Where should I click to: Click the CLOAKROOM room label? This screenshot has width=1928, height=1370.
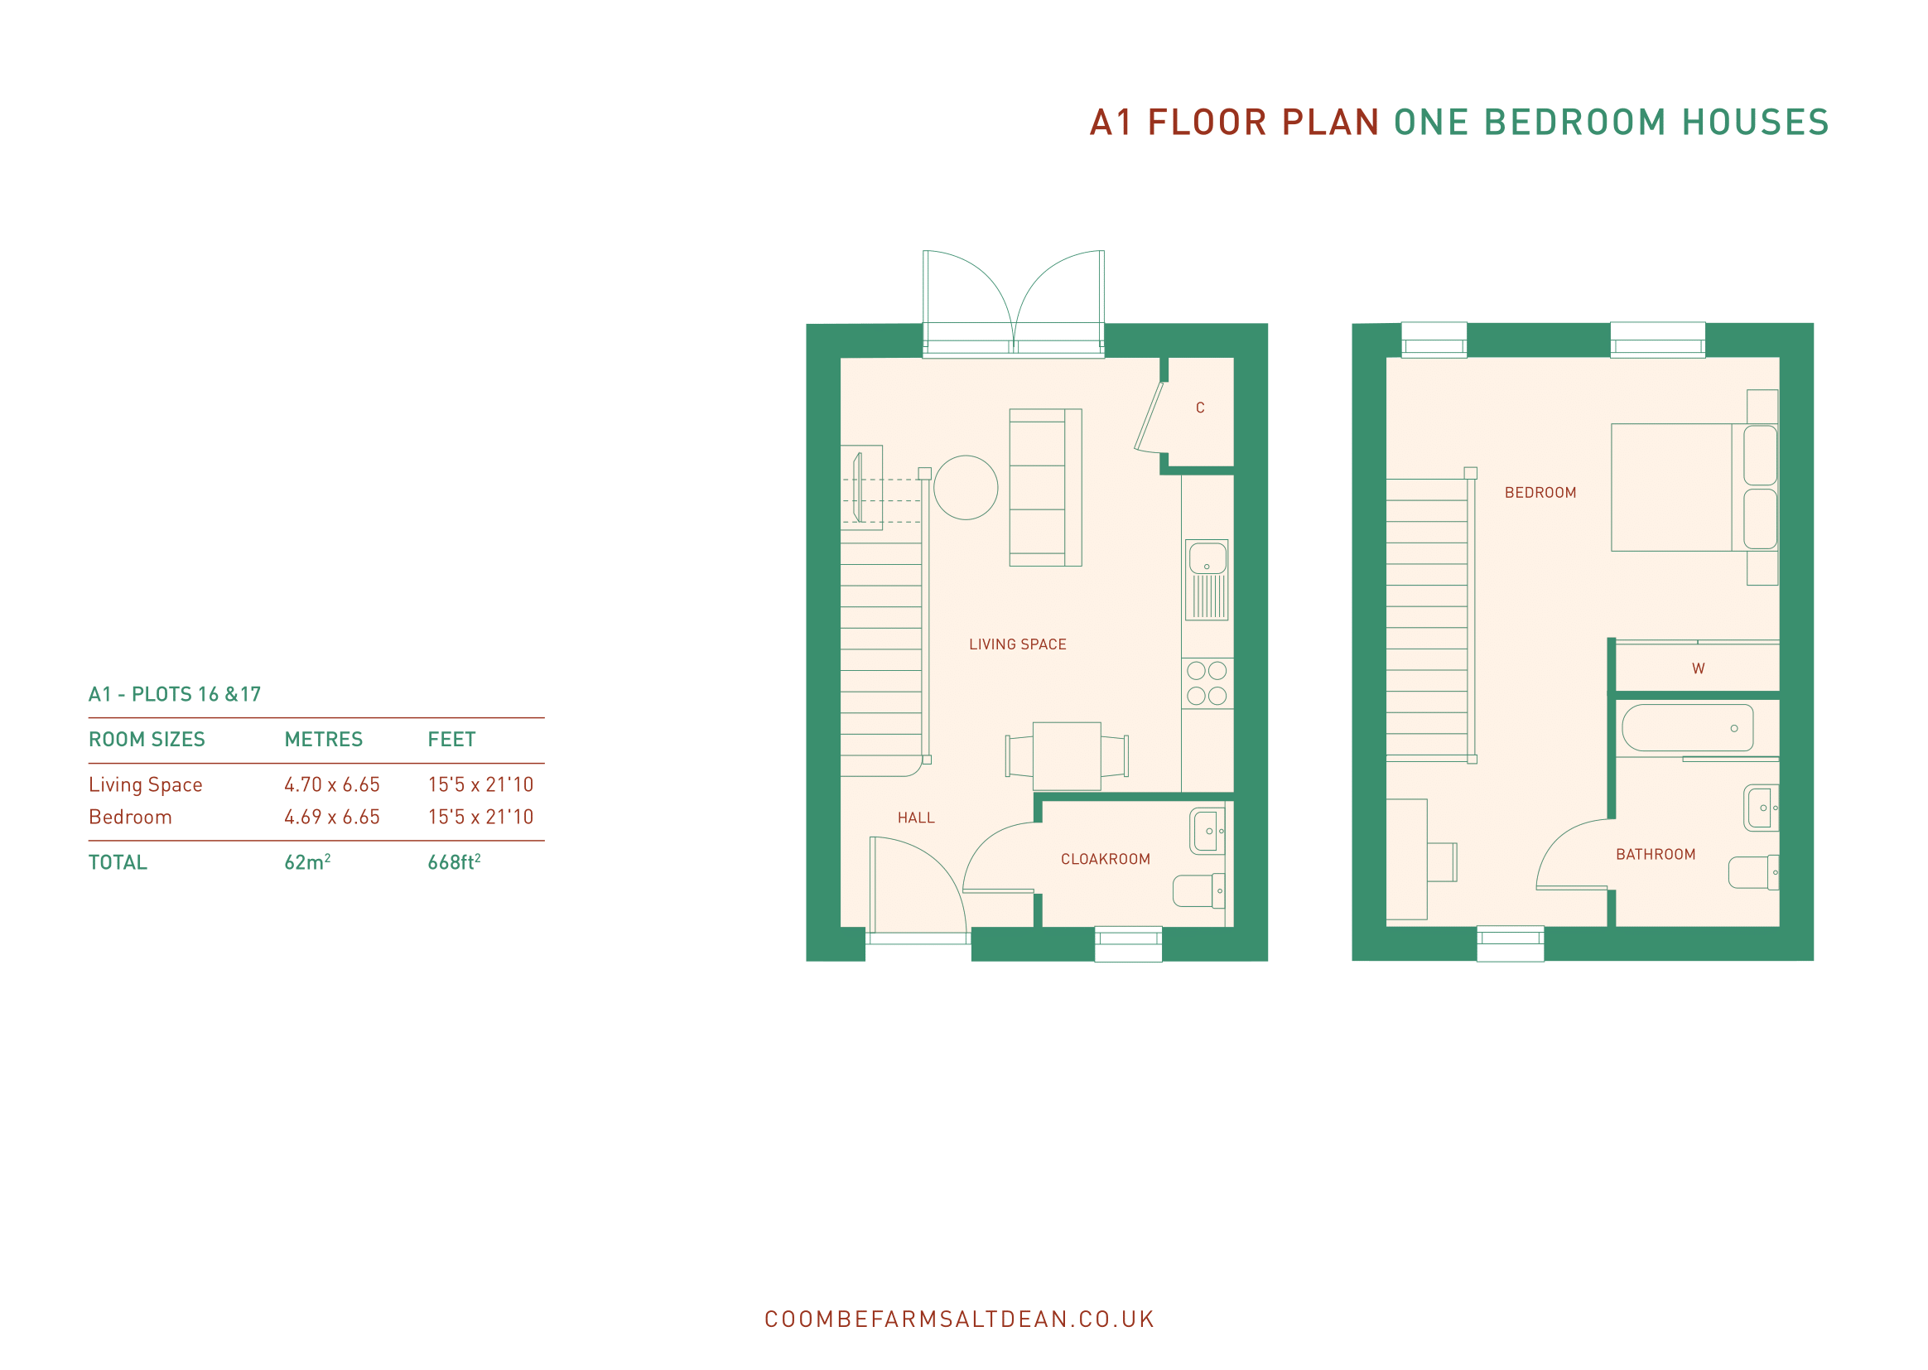1105,859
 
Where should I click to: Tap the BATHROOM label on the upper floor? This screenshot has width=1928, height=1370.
1655,855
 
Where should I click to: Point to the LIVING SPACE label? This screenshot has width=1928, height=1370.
1017,644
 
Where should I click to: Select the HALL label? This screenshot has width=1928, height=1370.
916,818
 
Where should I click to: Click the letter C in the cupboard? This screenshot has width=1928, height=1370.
1199,408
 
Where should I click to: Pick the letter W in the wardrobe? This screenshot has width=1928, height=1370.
1698,668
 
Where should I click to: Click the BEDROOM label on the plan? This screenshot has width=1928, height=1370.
1540,493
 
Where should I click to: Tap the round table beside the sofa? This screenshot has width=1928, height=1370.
966,488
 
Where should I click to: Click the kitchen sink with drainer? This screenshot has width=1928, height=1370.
1206,580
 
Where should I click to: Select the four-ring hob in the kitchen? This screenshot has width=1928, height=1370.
1207,683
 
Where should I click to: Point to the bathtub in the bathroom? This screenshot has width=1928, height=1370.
1687,727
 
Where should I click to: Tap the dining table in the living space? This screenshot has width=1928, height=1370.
1066,756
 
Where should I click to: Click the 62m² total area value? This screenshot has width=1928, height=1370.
307,861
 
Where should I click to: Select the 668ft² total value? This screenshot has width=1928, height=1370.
454,861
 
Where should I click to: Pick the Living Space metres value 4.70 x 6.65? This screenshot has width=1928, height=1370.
331,784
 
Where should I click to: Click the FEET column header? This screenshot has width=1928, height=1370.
451,740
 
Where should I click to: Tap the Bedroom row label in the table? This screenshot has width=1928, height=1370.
130,817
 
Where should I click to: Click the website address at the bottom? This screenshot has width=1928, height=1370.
959,1319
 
